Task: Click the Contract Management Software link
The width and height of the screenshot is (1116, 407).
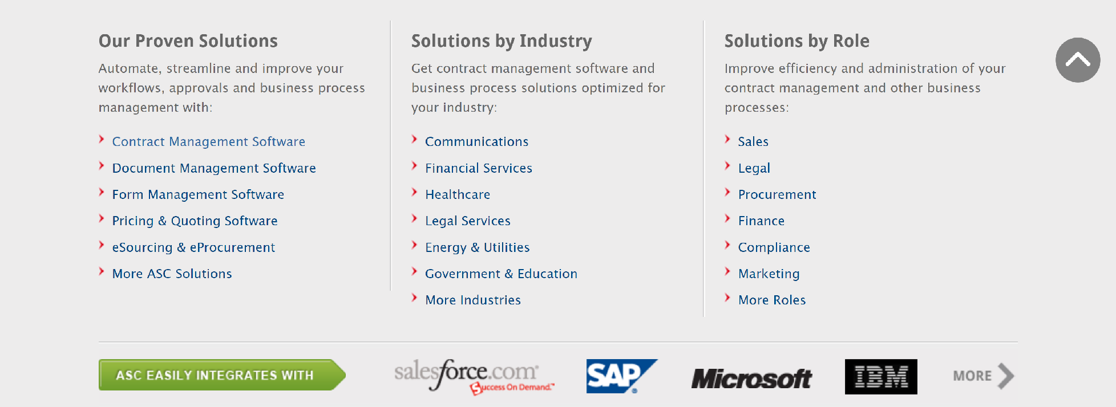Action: [x=208, y=142]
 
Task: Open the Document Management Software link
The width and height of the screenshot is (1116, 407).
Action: [x=214, y=168]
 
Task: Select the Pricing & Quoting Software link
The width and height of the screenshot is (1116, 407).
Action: [x=195, y=221]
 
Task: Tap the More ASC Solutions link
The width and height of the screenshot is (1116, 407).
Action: [x=172, y=274]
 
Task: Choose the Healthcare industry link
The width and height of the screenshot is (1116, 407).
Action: [x=458, y=195]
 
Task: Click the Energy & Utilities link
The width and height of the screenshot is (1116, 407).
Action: [x=477, y=247]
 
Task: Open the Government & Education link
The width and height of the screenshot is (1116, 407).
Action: [x=501, y=274]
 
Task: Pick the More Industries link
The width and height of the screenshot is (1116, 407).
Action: [x=473, y=300]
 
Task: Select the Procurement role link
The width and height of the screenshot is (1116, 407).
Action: [x=777, y=195]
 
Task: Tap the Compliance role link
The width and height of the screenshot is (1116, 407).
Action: [x=774, y=247]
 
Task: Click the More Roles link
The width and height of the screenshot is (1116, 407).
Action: [x=772, y=300]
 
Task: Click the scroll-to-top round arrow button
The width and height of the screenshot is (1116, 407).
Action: [x=1078, y=60]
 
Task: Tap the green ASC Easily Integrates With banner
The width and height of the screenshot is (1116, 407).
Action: [x=222, y=375]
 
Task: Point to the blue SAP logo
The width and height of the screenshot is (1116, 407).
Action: [x=621, y=376]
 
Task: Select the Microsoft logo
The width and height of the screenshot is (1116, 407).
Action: [x=751, y=378]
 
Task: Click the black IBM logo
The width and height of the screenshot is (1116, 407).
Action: [x=881, y=377]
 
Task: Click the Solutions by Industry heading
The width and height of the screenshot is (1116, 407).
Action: [x=502, y=41]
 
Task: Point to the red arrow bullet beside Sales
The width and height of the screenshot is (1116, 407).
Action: [x=727, y=139]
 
